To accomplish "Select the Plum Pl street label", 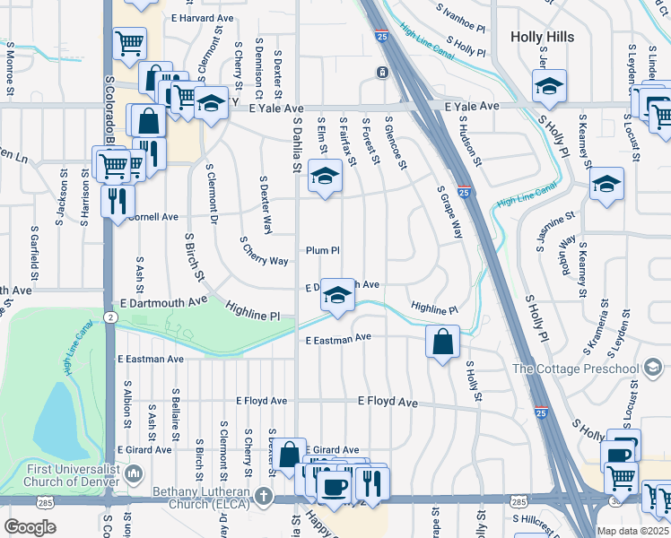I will (x=323, y=251).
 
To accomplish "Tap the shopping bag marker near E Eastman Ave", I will (x=442, y=342).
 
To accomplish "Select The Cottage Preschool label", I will (x=576, y=369).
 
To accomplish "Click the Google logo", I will (x=30, y=526).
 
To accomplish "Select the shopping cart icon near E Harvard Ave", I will (x=129, y=42).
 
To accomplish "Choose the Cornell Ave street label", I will (x=153, y=217).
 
